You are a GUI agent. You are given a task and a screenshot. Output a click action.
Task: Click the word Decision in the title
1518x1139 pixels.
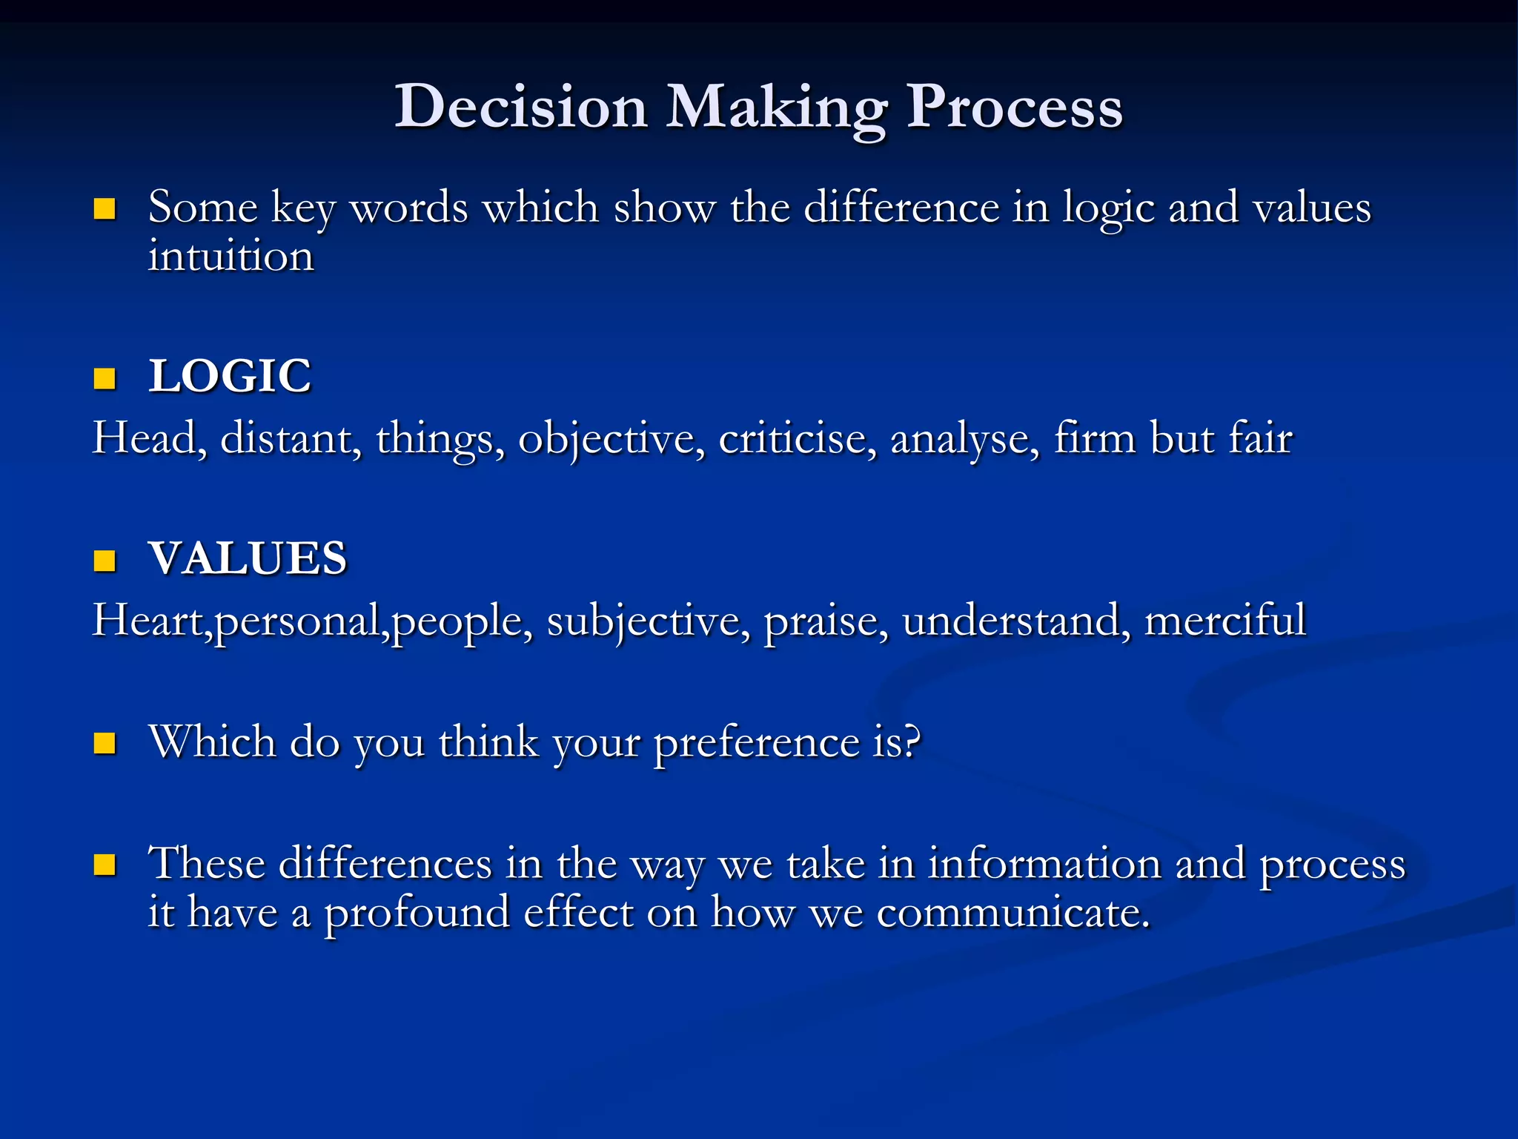[x=520, y=108]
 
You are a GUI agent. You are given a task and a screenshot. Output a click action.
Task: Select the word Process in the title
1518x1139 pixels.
[x=1015, y=108]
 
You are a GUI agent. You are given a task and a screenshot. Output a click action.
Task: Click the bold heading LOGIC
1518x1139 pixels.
[x=230, y=376]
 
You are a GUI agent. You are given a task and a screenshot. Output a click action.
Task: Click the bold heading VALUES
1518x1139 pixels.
[x=248, y=558]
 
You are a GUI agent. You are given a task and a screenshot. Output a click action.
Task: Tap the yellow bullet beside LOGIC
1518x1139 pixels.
[x=105, y=379]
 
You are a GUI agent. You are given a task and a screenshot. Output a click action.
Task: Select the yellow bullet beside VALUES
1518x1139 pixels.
[x=105, y=561]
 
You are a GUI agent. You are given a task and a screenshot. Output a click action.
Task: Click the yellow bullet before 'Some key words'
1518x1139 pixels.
[x=105, y=209]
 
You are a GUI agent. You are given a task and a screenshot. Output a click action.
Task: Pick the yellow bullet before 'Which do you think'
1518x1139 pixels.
[x=105, y=743]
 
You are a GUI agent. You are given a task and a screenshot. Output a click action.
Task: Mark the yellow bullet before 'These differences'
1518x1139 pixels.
[x=105, y=865]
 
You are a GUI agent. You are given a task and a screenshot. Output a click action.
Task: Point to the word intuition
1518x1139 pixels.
[x=231, y=257]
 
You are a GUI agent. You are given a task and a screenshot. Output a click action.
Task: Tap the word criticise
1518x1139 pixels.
[x=798, y=438]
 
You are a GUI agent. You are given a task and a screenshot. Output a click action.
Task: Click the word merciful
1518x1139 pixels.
[x=1224, y=620]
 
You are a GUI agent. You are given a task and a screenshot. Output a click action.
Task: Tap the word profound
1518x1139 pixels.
[x=417, y=914]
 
